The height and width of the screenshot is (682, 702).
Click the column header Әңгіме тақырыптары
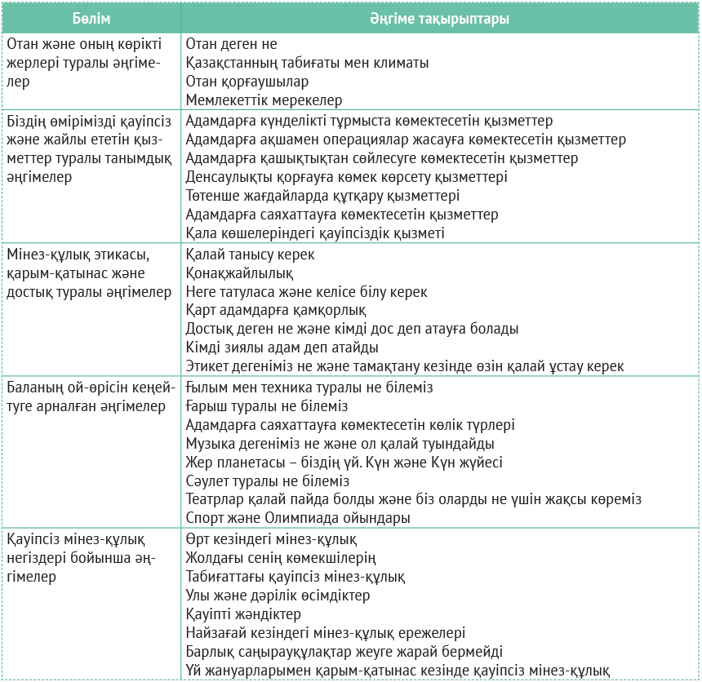(x=440, y=19)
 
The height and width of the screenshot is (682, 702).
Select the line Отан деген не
(x=231, y=43)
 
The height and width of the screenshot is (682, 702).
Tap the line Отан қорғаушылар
(x=247, y=82)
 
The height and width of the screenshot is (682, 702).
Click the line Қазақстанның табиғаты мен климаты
(x=307, y=63)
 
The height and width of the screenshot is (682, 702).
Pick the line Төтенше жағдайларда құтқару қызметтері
(x=322, y=196)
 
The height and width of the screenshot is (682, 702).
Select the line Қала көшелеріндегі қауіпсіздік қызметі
(x=315, y=233)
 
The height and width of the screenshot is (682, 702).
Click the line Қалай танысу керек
(x=250, y=255)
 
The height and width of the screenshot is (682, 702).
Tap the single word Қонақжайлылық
(x=239, y=273)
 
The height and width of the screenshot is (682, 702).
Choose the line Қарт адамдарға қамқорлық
(x=276, y=311)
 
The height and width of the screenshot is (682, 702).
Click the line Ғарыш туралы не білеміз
(x=267, y=405)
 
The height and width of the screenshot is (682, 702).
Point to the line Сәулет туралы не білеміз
(x=267, y=480)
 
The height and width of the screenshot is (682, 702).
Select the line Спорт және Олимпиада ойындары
(x=297, y=518)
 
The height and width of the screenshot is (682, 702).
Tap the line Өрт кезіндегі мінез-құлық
(x=271, y=539)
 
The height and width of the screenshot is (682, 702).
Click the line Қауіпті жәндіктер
(x=243, y=613)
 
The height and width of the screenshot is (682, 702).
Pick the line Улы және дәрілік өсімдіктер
(x=278, y=596)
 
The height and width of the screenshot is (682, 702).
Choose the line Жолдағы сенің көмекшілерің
(x=281, y=558)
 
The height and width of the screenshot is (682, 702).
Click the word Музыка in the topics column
(x=211, y=443)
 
